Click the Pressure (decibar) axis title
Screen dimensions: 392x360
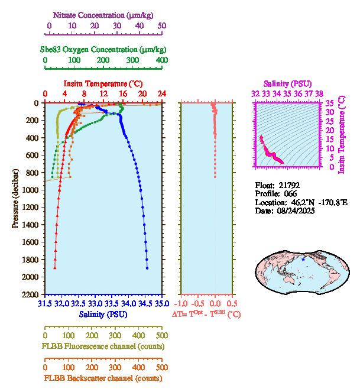[15, 199]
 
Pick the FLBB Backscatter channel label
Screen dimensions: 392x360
[103, 378]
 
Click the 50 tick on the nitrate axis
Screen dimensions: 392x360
[162, 27]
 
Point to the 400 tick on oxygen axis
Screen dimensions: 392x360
[161, 60]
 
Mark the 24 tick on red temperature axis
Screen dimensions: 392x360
[161, 94]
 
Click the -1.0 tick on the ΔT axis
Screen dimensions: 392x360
[181, 304]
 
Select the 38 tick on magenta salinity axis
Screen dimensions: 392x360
[319, 93]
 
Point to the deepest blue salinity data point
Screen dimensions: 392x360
[147, 268]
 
